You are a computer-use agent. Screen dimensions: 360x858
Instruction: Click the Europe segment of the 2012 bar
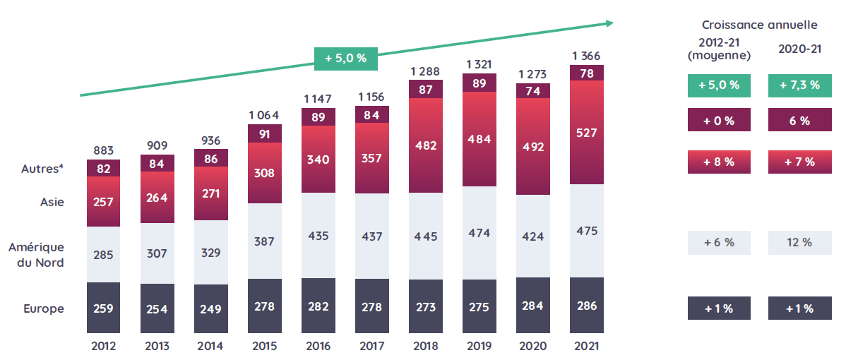103,308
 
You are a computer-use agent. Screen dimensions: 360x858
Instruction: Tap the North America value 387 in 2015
264,241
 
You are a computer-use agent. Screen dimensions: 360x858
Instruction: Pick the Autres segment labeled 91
264,133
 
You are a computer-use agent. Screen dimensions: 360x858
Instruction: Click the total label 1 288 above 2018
425,71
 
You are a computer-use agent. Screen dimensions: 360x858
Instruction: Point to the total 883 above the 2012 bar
103,150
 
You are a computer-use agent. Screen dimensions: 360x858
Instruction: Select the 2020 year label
533,347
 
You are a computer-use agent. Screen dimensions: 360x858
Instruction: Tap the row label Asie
52,202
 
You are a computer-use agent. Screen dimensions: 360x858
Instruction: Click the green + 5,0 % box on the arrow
346,59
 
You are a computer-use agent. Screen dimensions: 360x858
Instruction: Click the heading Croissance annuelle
759,25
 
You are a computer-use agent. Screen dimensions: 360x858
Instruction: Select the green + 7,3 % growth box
799,85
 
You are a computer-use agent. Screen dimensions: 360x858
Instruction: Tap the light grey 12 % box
799,242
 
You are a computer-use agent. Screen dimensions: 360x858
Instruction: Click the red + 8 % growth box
719,162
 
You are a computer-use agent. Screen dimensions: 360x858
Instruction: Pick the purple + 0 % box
719,121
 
